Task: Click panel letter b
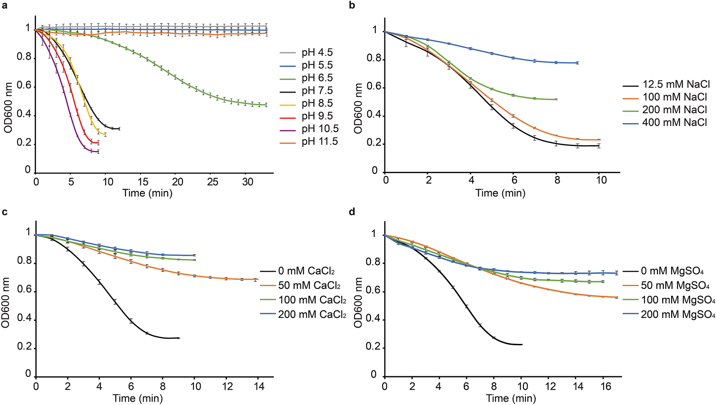tap(352, 5)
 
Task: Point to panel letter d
tap(352, 212)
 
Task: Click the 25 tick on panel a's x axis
tap(212, 182)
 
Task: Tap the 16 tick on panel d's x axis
tap(606, 386)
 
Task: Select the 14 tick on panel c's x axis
tap(259, 386)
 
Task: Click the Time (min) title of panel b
tap(500, 193)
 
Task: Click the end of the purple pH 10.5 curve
tap(99, 152)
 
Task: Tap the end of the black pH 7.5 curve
tap(119, 129)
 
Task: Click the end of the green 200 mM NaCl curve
tap(557, 99)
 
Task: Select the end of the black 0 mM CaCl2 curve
tap(179, 338)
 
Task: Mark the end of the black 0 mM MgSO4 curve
tap(522, 344)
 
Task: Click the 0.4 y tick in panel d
tap(373, 320)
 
